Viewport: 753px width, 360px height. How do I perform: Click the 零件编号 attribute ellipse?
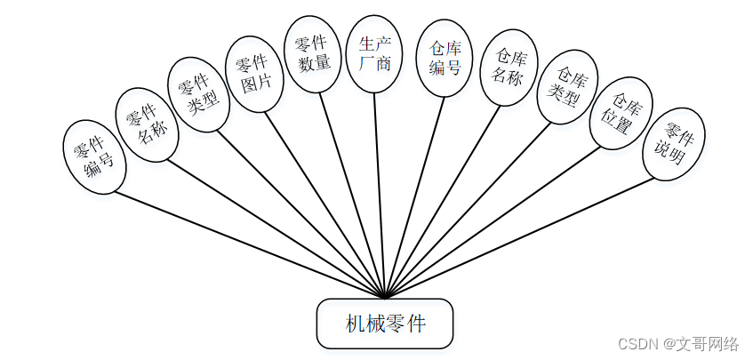pos(94,157)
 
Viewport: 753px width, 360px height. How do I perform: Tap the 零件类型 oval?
pos(199,95)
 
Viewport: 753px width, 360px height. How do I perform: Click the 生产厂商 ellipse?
pos(374,53)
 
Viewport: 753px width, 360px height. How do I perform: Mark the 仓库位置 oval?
pos(621,116)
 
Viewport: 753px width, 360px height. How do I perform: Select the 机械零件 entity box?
pos(385,323)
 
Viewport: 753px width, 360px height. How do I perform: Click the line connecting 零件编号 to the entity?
pos(240,241)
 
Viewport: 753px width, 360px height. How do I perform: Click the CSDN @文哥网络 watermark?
pos(678,344)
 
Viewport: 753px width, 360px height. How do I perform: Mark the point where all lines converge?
pos(385,297)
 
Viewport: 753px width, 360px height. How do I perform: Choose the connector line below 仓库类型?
pos(472,205)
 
